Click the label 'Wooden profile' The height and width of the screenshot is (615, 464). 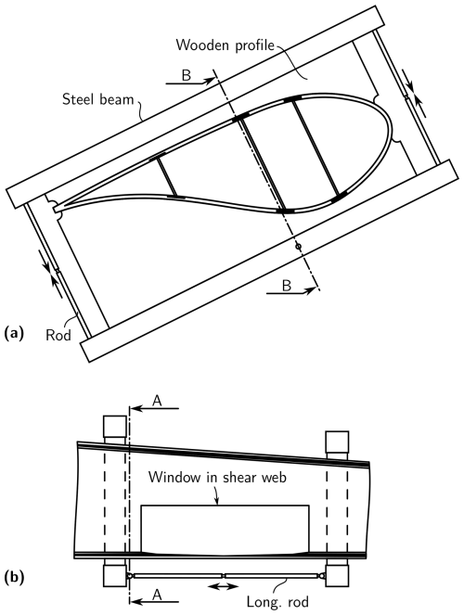[x=225, y=45]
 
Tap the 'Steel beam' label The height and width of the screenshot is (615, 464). [x=98, y=99]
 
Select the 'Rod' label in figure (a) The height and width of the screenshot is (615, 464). [x=58, y=335]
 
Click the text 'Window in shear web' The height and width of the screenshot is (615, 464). [x=217, y=477]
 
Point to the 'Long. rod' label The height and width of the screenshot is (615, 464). [x=277, y=601]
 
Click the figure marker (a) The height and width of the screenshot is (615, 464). [x=14, y=333]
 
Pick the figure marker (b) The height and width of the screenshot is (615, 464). [x=14, y=577]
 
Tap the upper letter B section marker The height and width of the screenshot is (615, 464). [x=187, y=75]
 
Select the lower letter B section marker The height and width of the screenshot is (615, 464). [x=287, y=285]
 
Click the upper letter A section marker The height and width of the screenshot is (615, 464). [x=157, y=401]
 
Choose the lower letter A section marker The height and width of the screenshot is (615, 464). [x=157, y=595]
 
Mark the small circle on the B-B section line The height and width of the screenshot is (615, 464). [x=298, y=247]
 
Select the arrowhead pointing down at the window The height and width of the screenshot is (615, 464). [x=216, y=501]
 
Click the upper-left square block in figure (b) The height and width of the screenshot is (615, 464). [x=114, y=427]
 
